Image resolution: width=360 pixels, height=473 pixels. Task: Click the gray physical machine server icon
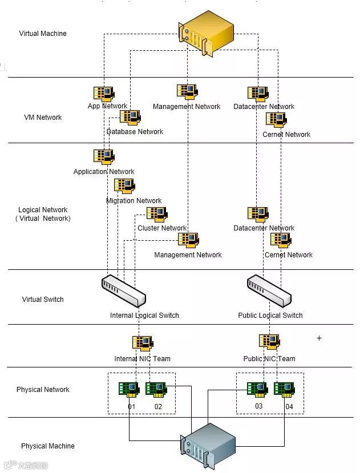pyautogui.click(x=208, y=446)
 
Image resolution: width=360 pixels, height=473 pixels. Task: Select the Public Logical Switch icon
pyautogui.click(x=269, y=289)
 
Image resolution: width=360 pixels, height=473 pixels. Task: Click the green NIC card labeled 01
pyautogui.click(x=128, y=389)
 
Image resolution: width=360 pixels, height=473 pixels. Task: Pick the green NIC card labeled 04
pyautogui.click(x=284, y=389)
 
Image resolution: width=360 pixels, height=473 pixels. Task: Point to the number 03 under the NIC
pyautogui.click(x=259, y=406)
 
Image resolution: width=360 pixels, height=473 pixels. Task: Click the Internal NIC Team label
pyautogui.click(x=142, y=359)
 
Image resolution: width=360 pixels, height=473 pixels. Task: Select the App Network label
pyautogui.click(x=107, y=106)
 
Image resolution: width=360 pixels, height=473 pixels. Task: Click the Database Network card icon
pyautogui.click(x=130, y=118)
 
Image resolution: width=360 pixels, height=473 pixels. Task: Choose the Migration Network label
pyautogui.click(x=134, y=201)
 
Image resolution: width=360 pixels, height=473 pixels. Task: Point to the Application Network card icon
pyautogui.click(x=103, y=157)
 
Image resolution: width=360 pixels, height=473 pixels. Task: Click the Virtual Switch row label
pyautogui.click(x=43, y=300)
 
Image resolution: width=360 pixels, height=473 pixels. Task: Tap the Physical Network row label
pyautogui.click(x=43, y=390)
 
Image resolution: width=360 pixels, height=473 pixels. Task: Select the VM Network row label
pyautogui.click(x=43, y=118)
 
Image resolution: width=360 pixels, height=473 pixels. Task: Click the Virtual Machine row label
pyautogui.click(x=43, y=34)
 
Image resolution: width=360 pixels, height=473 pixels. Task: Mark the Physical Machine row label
pyautogui.click(x=48, y=446)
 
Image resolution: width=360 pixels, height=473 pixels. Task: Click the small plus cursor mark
pyautogui.click(x=319, y=338)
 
